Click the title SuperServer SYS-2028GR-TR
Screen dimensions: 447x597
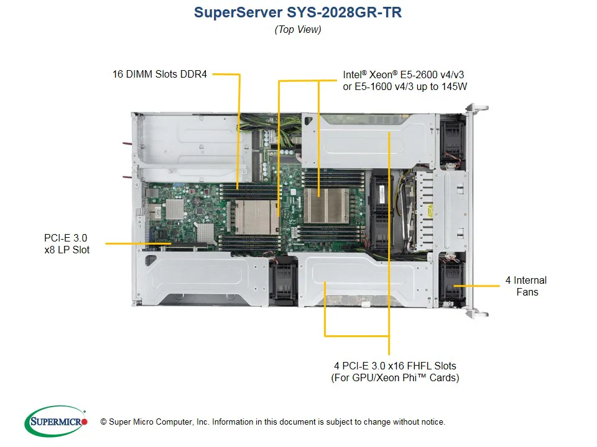click(x=298, y=12)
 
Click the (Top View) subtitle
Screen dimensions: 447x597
click(x=298, y=29)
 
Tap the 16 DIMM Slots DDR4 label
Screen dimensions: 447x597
click(x=159, y=74)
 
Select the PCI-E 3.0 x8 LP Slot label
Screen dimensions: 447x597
click(x=67, y=243)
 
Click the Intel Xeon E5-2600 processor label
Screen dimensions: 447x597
click(x=404, y=81)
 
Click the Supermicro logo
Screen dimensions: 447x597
click(x=55, y=422)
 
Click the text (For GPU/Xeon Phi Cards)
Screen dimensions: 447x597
click(x=394, y=377)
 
